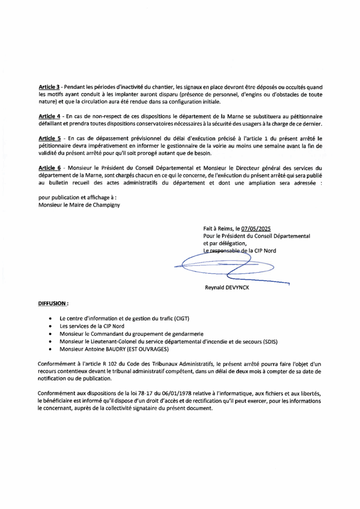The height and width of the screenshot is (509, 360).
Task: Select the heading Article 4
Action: (49, 115)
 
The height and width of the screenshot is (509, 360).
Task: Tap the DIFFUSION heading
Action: (53, 302)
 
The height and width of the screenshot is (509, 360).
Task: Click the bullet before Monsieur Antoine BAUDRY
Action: (51, 350)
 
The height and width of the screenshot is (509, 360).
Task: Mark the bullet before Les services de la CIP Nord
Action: (51, 326)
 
